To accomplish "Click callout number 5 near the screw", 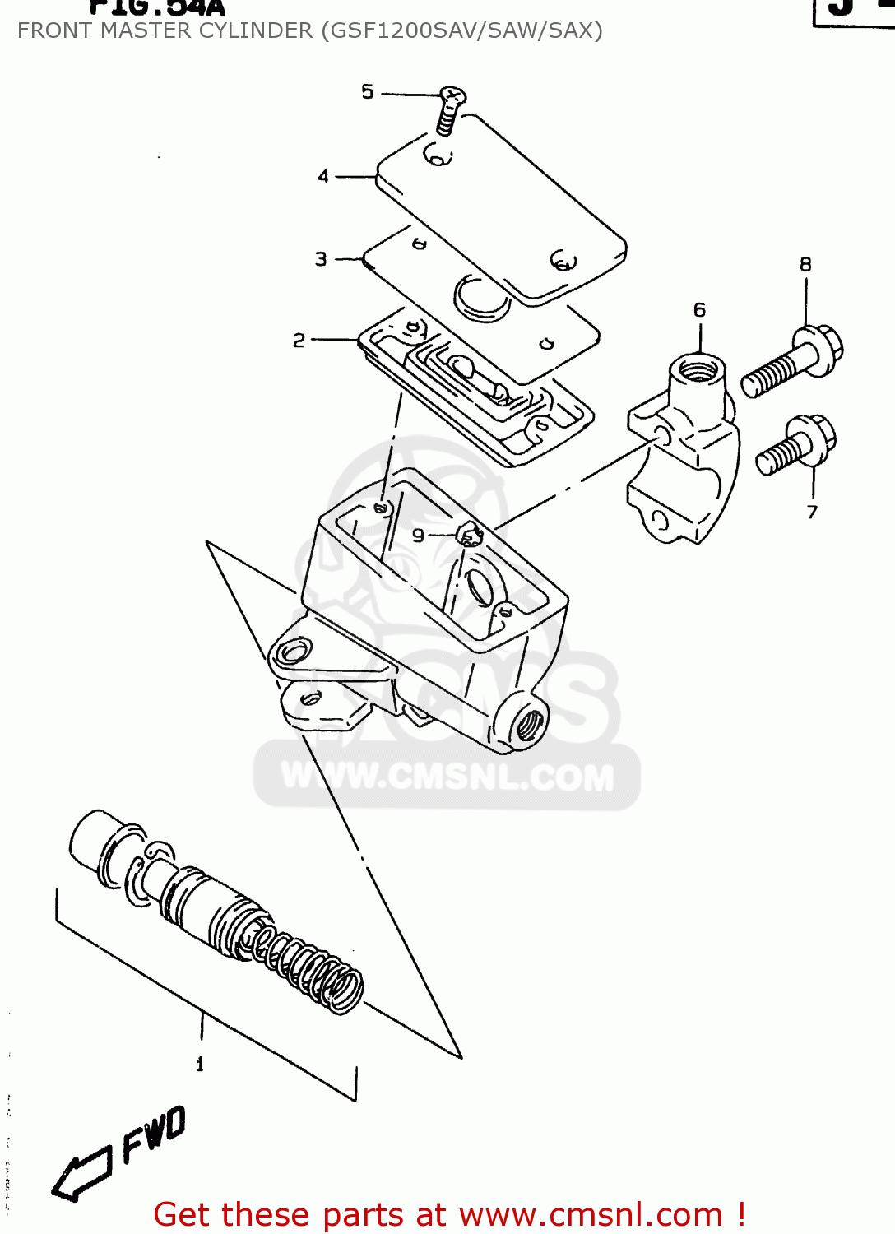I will tap(368, 92).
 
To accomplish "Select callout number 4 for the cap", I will tap(323, 176).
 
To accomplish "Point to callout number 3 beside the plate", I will tap(321, 259).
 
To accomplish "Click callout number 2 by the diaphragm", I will tap(299, 340).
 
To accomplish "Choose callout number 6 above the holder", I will tap(699, 310).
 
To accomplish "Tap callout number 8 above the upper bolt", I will tap(805, 264).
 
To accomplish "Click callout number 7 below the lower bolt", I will tap(813, 512).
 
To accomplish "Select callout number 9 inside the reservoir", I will tap(419, 536).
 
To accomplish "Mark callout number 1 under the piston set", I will tap(200, 1064).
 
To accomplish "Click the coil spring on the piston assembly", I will tap(308, 967).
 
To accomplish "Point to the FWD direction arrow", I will tap(81, 1171).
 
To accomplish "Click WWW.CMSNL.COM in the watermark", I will tap(447, 777).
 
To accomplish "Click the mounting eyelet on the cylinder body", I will tap(292, 653).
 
